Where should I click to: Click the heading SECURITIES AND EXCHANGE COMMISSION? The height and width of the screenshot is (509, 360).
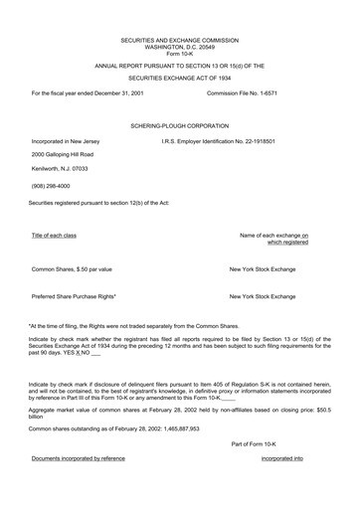click(179, 40)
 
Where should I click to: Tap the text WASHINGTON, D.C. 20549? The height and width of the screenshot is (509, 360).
click(179, 47)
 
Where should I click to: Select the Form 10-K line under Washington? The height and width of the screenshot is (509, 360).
click(179, 54)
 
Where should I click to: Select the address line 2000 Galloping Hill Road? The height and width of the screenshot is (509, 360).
click(63, 155)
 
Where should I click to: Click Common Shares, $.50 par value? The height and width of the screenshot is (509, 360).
click(72, 269)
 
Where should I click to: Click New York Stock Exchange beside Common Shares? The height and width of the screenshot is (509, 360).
click(263, 269)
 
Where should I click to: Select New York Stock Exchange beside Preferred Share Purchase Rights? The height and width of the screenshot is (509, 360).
click(263, 296)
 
